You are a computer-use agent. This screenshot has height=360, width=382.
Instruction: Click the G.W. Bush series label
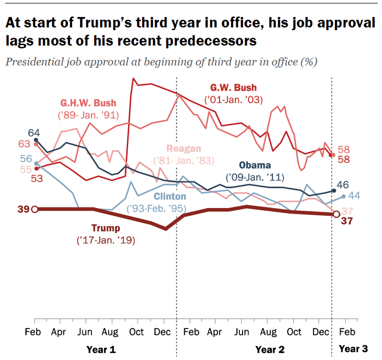[234, 88]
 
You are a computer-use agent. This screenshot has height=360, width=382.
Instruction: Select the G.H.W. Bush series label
[88, 103]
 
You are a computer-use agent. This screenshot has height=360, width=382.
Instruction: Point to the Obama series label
[255, 165]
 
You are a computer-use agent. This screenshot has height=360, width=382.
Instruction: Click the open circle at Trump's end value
[336, 215]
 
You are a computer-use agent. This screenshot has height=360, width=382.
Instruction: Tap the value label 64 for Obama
[33, 132]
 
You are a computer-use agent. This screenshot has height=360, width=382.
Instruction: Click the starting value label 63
[24, 144]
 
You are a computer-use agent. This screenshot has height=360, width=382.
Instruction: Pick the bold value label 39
[23, 209]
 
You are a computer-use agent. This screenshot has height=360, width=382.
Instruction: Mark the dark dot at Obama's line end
[334, 191]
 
